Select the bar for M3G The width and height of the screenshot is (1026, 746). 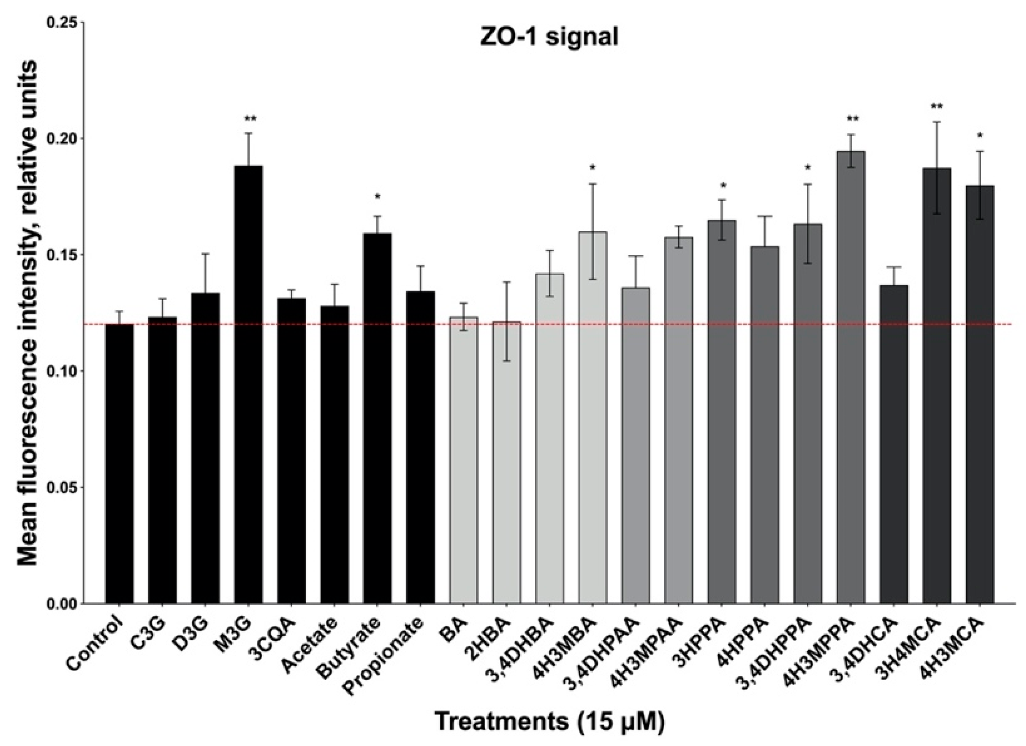coord(248,383)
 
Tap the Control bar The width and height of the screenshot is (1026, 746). coord(119,462)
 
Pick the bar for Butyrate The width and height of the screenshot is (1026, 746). coord(377,415)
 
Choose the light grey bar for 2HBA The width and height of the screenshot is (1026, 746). coord(506,462)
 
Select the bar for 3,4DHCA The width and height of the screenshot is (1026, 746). coord(894,443)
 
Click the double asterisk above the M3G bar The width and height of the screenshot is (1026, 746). coord(250,119)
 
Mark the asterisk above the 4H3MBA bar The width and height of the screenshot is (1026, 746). coord(593,167)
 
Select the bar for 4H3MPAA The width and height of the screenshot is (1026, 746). coord(678,420)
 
